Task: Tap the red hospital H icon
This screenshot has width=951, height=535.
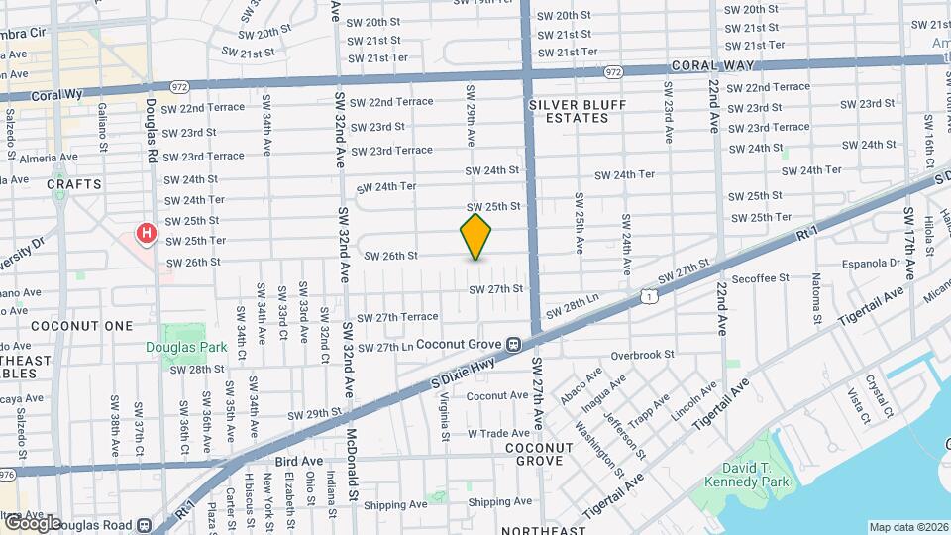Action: coord(147,234)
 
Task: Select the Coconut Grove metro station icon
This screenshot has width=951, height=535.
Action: coord(513,345)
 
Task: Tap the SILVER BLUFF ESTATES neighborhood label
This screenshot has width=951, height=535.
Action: coord(568,111)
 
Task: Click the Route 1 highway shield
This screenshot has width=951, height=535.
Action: coord(646,295)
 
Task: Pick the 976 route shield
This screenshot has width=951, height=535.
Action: coord(6,475)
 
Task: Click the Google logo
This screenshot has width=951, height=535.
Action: coord(32,522)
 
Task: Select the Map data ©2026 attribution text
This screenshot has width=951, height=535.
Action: coord(908,527)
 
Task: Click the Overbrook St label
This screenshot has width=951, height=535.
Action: coord(642,354)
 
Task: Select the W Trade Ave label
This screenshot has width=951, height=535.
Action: coord(499,433)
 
